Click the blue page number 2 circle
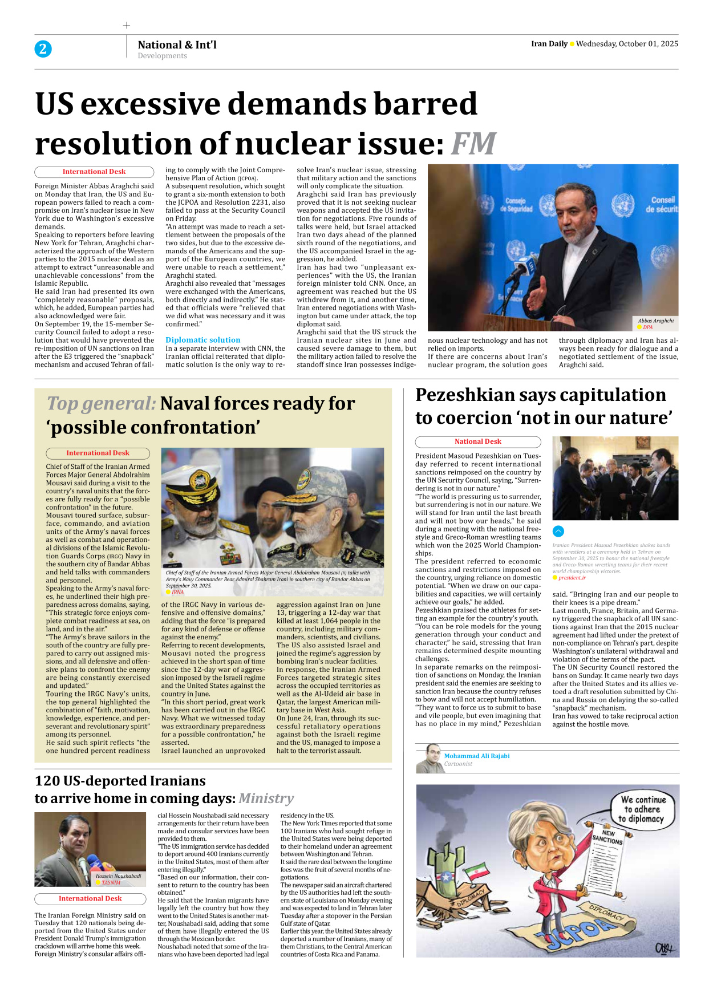pos(43,49)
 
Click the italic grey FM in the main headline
pos(473,143)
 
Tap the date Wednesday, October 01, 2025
pos(627,44)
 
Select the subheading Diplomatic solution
pos(202,340)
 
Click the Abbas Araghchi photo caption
pos(655,321)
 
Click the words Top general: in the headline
pos(101,404)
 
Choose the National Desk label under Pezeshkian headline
pos(477,441)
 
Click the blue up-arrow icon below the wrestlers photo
pos(558,531)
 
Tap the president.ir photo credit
pos(572,578)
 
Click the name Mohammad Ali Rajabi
pos(477,756)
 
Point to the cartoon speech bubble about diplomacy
pos(643,809)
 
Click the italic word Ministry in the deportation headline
pos(266,798)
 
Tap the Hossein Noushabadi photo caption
pos(118,875)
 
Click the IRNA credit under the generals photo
pos(177,592)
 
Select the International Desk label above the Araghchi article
pos(94,172)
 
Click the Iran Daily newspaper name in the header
pos(549,44)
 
